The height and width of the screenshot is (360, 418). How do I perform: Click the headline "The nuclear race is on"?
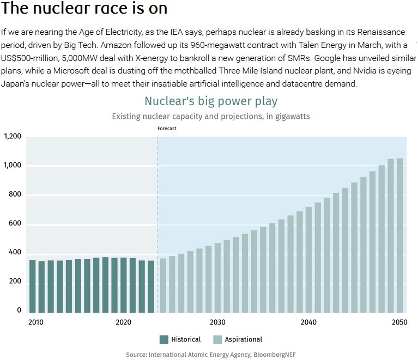click(x=84, y=9)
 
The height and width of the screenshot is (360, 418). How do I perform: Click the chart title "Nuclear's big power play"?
click(x=211, y=101)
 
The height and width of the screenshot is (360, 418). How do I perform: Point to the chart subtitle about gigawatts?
click(x=211, y=117)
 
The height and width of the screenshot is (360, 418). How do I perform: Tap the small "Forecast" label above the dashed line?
click(x=167, y=129)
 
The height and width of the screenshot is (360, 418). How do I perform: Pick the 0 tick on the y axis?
click(x=19, y=310)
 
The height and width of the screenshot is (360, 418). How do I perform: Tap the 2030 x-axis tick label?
click(x=217, y=322)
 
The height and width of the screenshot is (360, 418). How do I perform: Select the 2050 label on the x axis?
click(x=399, y=322)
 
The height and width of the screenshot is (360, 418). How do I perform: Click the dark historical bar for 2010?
click(x=33, y=286)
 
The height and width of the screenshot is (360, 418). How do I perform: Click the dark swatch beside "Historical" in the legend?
click(x=164, y=339)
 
